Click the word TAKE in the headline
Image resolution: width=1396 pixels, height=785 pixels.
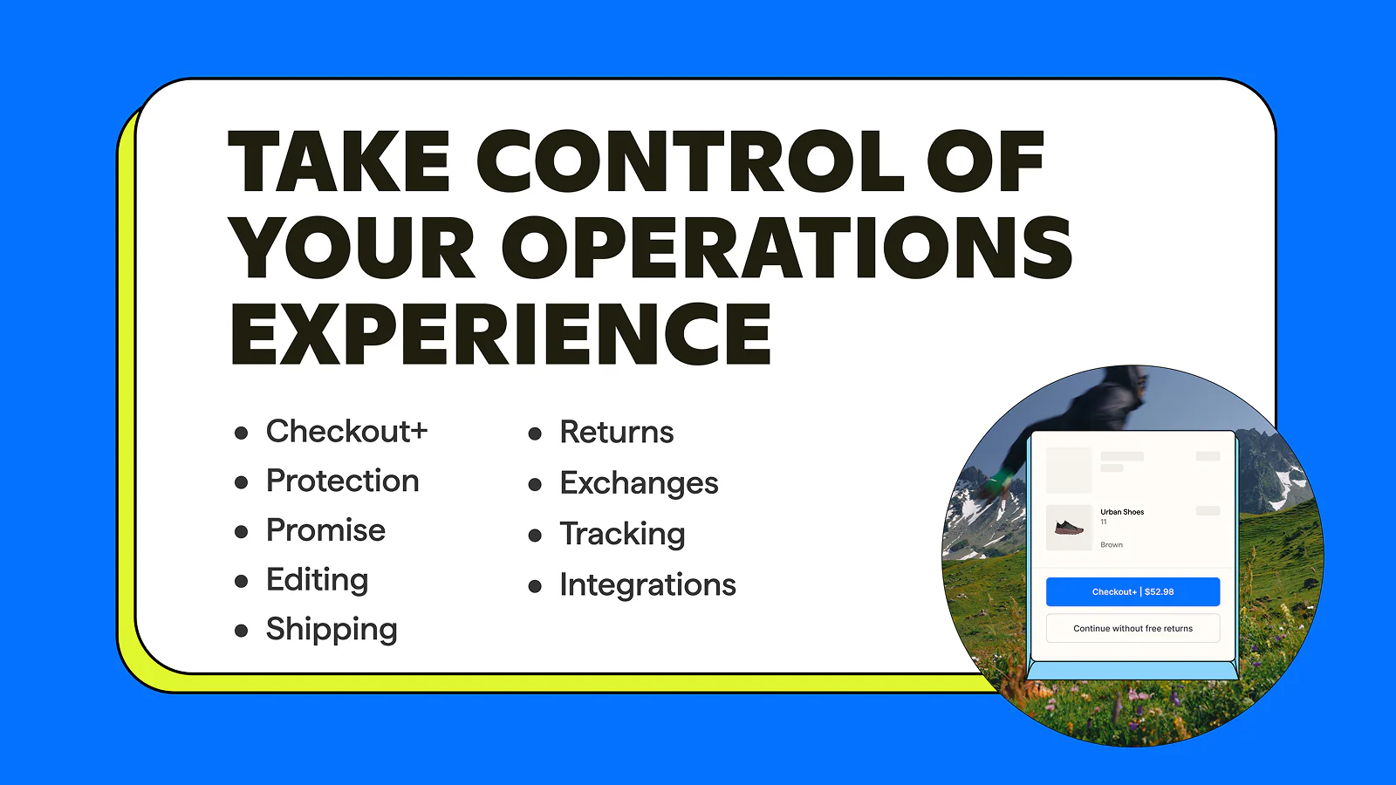[x=339, y=160]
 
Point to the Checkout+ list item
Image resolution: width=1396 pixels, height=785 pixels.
[x=347, y=431]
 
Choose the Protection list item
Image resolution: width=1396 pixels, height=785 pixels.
[x=343, y=481]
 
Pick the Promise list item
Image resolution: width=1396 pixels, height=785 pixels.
[x=326, y=530]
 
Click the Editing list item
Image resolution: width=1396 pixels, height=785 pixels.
[x=318, y=580]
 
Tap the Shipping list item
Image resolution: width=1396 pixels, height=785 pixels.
[x=332, y=629]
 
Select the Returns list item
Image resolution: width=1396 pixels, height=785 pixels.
[x=617, y=432]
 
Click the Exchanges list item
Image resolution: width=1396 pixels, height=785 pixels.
[x=640, y=483]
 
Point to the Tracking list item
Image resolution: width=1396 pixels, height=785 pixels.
[x=623, y=534]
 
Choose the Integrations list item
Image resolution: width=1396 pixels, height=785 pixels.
[x=648, y=585]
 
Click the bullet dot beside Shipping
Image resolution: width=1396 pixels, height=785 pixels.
[x=241, y=631]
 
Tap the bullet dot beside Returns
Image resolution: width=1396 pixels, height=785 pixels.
[x=535, y=433]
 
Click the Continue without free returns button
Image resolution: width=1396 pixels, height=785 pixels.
[x=1133, y=628]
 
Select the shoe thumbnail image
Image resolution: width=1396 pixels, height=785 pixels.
[x=1069, y=528]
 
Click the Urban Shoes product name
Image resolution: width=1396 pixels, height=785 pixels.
[x=1122, y=512]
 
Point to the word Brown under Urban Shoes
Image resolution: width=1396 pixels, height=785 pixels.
[x=1112, y=544]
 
